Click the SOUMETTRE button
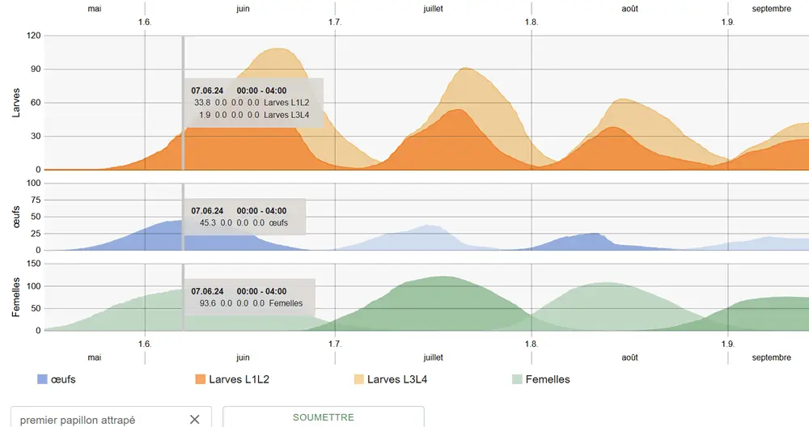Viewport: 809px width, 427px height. [323, 417]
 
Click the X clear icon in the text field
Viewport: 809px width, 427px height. [194, 419]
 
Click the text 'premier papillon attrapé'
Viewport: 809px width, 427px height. [78, 420]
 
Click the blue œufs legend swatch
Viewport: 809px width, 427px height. [42, 379]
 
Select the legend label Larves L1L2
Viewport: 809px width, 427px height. [239, 379]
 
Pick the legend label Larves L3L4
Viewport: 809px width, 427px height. [397, 379]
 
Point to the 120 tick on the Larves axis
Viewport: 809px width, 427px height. [33, 36]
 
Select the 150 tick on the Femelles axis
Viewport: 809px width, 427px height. [33, 264]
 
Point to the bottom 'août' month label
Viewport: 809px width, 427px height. [629, 357]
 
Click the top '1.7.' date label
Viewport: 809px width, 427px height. [335, 22]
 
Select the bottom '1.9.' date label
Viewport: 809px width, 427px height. [728, 344]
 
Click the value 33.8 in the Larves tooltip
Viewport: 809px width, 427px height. [202, 103]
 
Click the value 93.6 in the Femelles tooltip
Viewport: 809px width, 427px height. [208, 303]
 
